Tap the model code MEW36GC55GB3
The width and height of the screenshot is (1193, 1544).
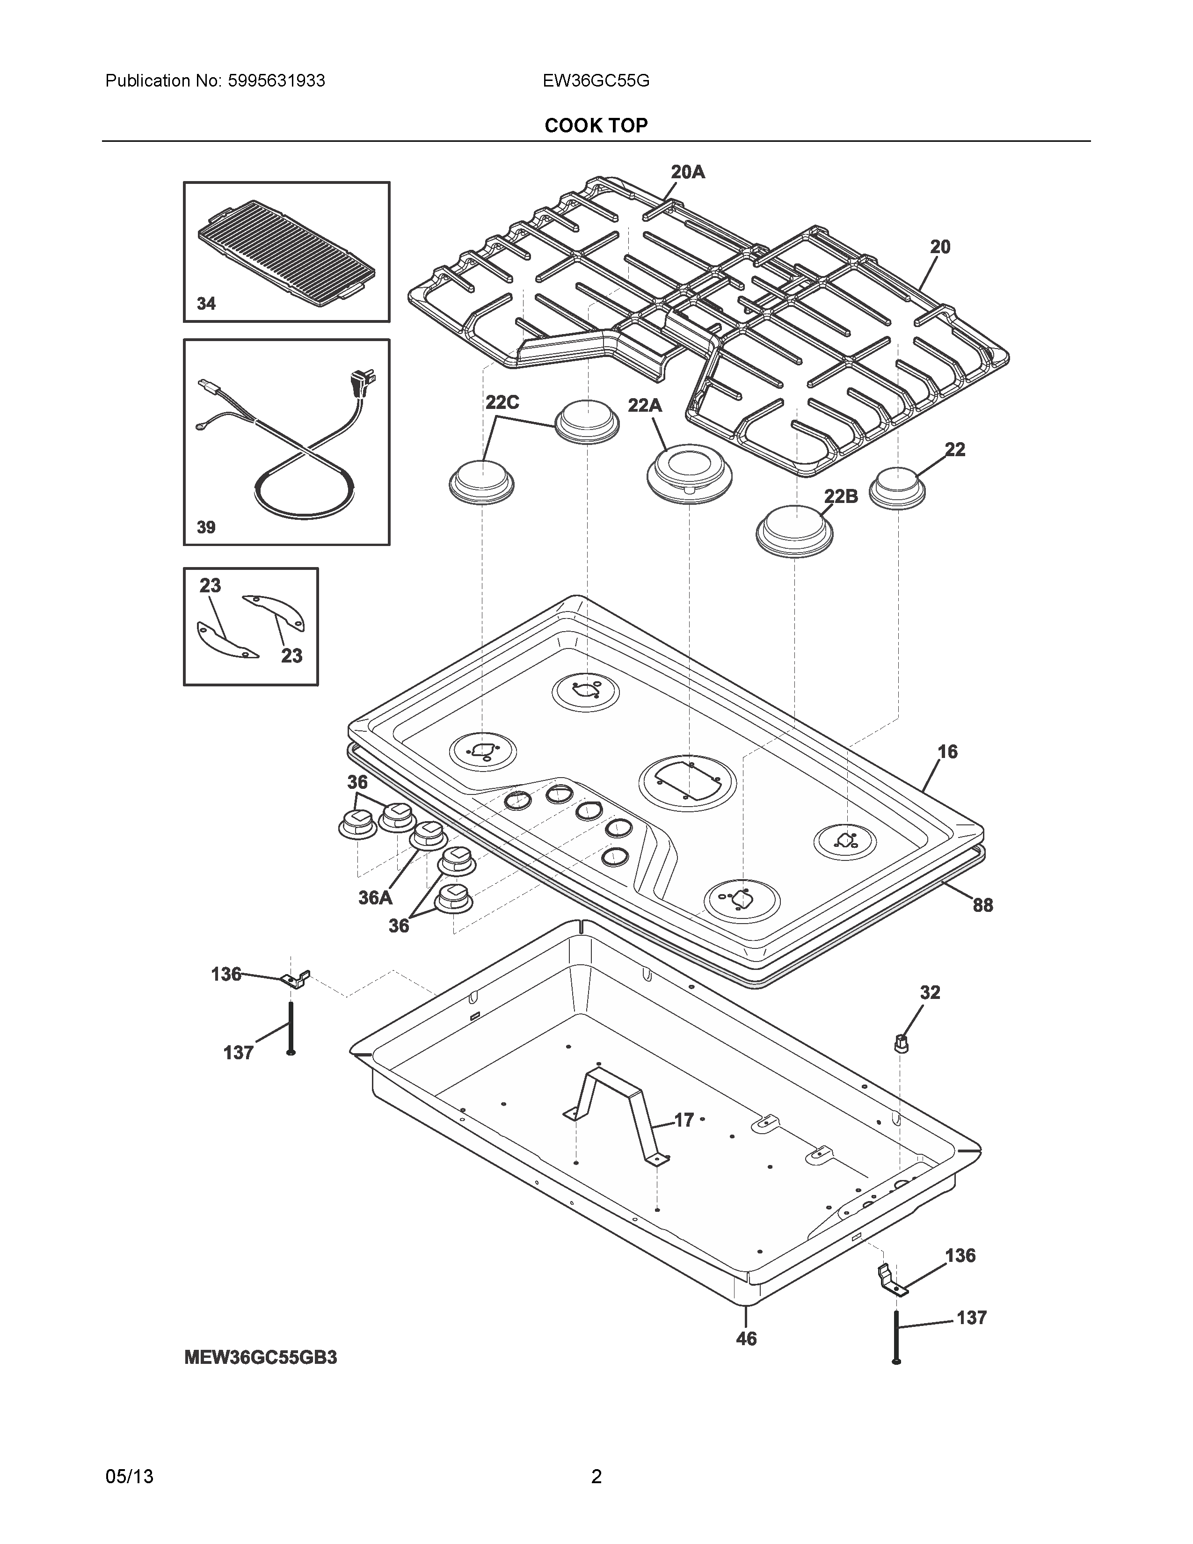tap(260, 1357)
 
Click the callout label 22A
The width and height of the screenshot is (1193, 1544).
tap(645, 405)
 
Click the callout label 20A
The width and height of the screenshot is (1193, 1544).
tap(688, 172)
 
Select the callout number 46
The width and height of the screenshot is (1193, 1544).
tap(746, 1338)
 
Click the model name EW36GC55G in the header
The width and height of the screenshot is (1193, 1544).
tap(596, 80)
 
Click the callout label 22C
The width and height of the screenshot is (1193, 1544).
tap(502, 402)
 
